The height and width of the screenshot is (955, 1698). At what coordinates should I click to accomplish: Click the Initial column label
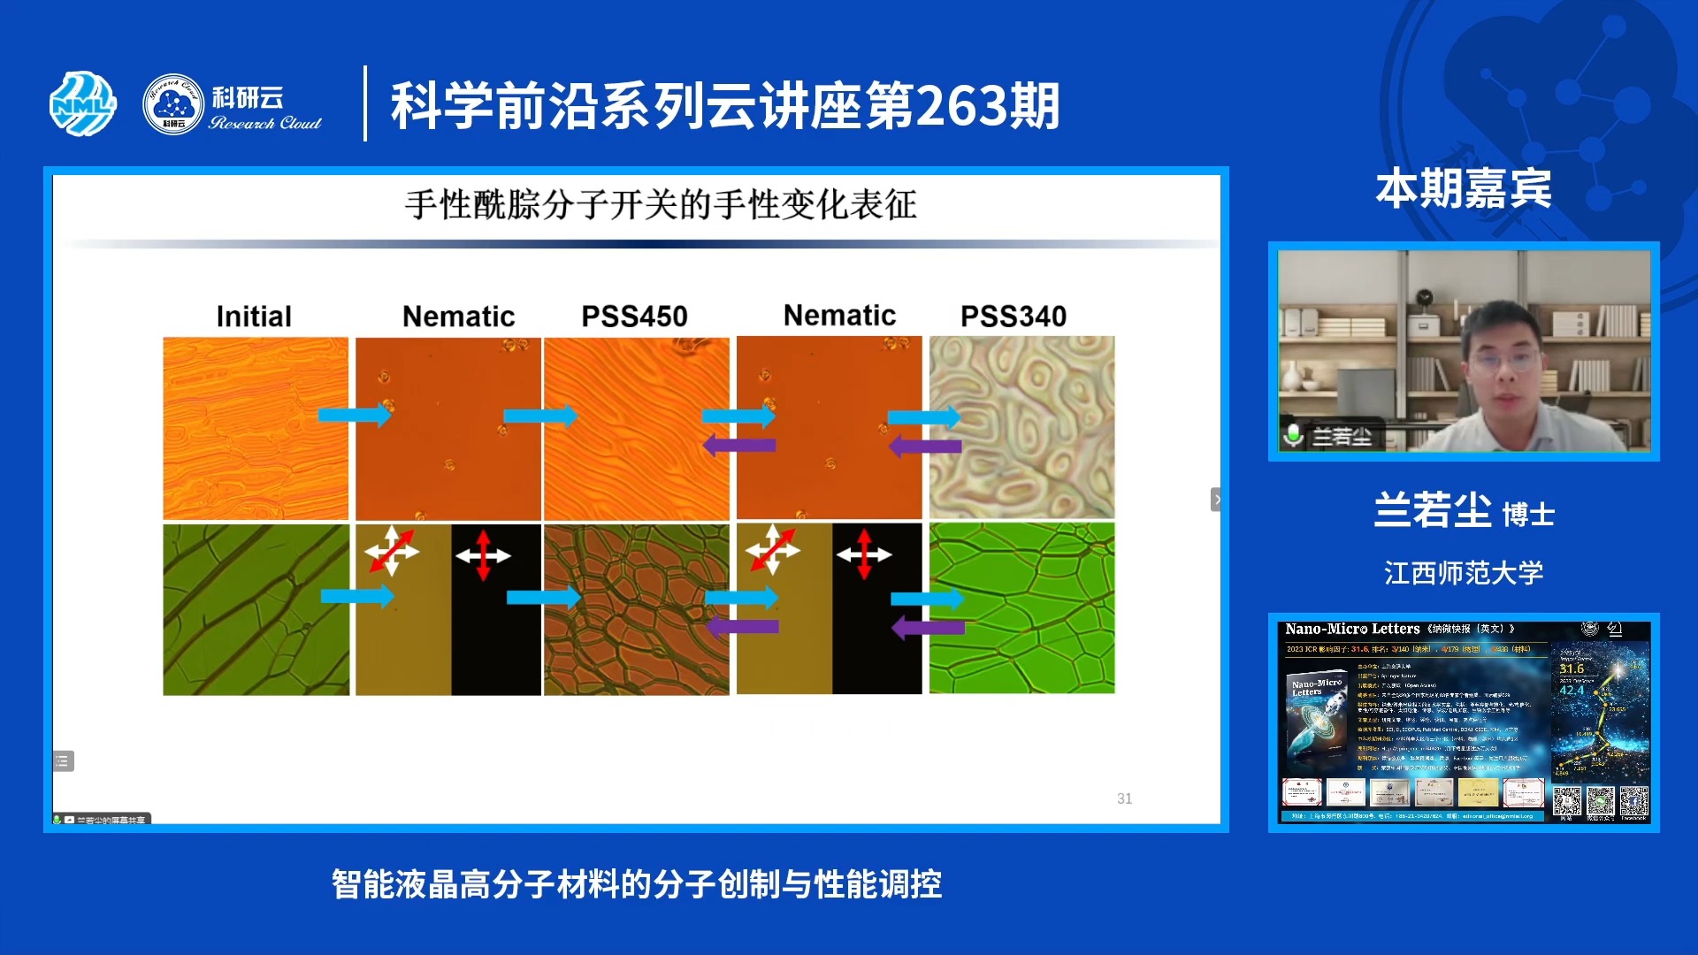[254, 317]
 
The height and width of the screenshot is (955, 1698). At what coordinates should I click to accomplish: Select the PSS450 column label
[634, 317]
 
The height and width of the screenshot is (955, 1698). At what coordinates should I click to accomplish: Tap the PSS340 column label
[1013, 317]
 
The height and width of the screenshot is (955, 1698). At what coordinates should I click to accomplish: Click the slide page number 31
[1124, 798]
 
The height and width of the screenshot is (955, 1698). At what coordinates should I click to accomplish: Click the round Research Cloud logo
[173, 104]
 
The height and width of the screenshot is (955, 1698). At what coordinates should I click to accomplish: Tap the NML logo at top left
[82, 104]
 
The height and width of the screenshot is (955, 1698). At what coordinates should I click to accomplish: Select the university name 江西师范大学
[1464, 573]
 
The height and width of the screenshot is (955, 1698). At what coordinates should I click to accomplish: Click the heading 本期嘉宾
[1464, 188]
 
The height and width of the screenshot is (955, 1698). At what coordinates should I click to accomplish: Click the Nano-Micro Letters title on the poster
[1352, 629]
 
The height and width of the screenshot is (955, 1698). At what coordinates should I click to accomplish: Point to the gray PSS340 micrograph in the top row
[1022, 428]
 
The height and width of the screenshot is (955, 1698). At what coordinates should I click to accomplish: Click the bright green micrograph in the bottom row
[1022, 608]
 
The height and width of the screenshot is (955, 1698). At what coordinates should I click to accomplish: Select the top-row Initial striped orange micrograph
[256, 428]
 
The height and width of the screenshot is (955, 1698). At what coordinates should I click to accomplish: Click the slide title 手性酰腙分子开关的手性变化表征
[661, 205]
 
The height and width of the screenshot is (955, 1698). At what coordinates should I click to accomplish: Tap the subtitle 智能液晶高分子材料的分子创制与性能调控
[637, 883]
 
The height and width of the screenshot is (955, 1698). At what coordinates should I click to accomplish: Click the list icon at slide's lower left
[63, 760]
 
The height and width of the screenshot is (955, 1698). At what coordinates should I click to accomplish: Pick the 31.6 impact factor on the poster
[1572, 668]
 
